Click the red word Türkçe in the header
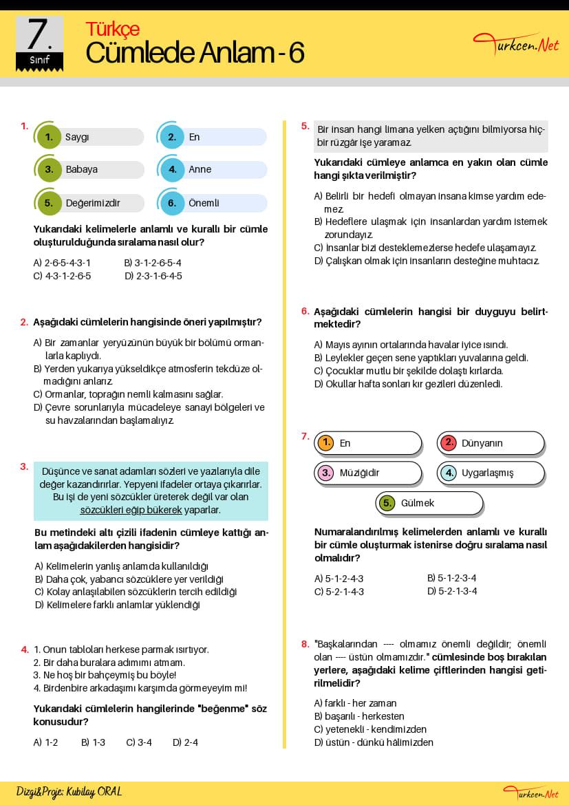click(112, 29)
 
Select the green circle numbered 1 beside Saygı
click(49, 137)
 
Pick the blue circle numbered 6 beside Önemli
click(172, 203)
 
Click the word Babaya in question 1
click(81, 169)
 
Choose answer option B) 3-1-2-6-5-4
click(153, 263)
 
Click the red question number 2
click(24, 321)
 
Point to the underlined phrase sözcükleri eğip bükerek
click(131, 510)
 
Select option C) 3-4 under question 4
click(139, 742)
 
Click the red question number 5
click(305, 126)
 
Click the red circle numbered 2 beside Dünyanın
click(449, 443)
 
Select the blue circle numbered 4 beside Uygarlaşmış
click(449, 473)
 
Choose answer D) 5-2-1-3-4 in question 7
click(452, 591)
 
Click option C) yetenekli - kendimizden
click(370, 729)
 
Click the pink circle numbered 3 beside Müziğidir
click(326, 473)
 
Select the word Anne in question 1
click(200, 169)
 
